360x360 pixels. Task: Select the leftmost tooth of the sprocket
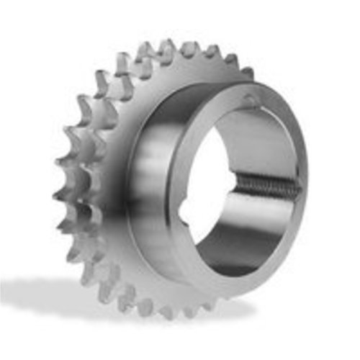coord(59,194)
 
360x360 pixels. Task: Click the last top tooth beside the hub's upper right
coord(247,72)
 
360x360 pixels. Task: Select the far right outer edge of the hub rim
coord(306,180)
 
